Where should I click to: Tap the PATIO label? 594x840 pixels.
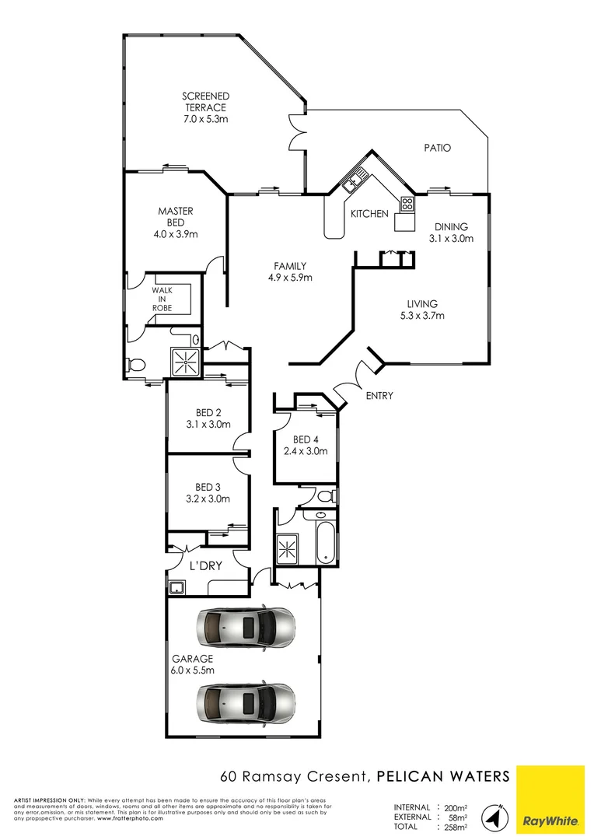pyautogui.click(x=437, y=148)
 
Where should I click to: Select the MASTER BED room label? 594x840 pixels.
pyautogui.click(x=176, y=211)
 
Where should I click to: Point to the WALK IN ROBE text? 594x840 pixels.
pyautogui.click(x=162, y=299)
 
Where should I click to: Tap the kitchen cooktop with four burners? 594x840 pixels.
pyautogui.click(x=406, y=204)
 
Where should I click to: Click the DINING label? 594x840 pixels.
pyautogui.click(x=451, y=227)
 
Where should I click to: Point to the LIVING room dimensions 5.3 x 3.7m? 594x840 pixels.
pyautogui.click(x=422, y=316)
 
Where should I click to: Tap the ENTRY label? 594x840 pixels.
pyautogui.click(x=379, y=396)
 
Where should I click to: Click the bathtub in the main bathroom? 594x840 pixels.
pyautogui.click(x=324, y=542)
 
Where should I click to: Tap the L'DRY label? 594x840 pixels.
pyautogui.click(x=207, y=566)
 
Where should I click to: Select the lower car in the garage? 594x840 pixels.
pyautogui.click(x=246, y=702)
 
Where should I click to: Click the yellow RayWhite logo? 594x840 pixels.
pyautogui.click(x=550, y=798)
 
